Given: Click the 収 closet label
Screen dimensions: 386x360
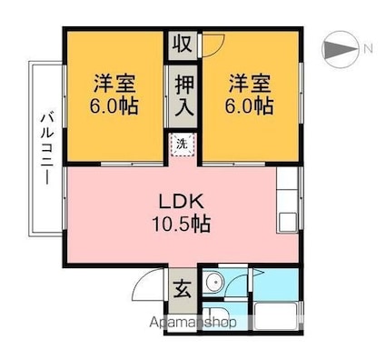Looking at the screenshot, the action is [x=183, y=45].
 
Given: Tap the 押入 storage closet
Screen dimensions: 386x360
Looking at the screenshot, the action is [x=183, y=96].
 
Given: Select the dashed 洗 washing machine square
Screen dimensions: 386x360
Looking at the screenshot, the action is [x=183, y=145].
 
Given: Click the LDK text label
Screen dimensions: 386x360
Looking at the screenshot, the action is [x=181, y=202].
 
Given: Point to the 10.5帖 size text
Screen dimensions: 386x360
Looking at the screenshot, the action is [x=181, y=224].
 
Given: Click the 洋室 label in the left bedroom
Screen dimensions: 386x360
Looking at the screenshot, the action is [x=114, y=83].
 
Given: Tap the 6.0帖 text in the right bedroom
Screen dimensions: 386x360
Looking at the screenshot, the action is [x=249, y=105].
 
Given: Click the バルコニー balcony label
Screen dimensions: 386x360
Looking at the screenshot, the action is [x=47, y=148].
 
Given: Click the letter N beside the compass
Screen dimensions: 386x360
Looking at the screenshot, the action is [x=368, y=48].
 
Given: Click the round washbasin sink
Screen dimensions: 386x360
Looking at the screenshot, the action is [x=214, y=282].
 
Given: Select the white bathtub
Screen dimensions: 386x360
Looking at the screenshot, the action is [x=275, y=316].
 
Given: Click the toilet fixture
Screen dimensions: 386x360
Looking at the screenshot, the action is [x=215, y=316].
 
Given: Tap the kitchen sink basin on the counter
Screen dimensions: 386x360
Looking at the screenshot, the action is [x=287, y=222].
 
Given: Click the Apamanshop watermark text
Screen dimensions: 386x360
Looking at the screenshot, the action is [x=193, y=323].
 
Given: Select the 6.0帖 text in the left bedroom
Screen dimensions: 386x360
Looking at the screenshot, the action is [x=114, y=105].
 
